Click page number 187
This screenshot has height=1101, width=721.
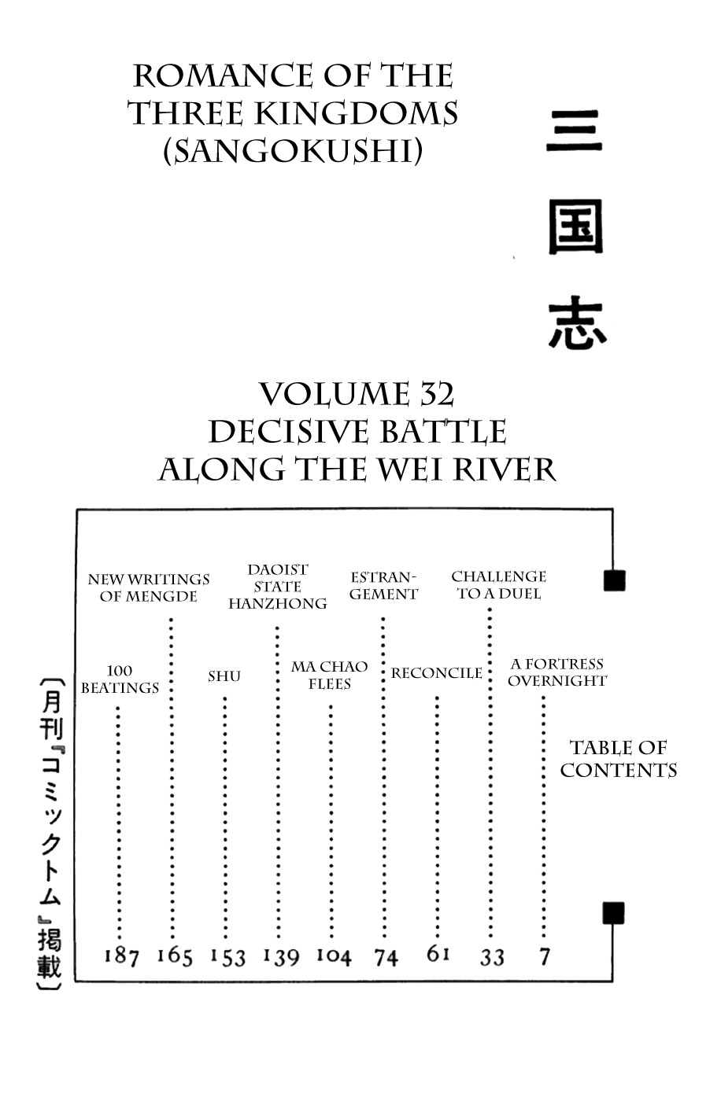click(x=121, y=956)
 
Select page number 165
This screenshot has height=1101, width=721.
click(x=175, y=956)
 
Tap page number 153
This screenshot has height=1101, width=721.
click(x=227, y=956)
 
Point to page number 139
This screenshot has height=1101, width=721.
click(x=281, y=956)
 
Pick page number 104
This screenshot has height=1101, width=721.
click(x=334, y=956)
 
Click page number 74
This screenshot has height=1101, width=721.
click(x=386, y=956)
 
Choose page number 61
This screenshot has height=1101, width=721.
click(x=438, y=954)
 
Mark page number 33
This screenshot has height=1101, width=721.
click(x=492, y=956)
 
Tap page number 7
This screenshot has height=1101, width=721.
click(x=545, y=956)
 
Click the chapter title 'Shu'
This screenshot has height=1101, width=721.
click(x=224, y=676)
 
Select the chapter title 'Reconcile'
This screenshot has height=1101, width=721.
click(x=436, y=673)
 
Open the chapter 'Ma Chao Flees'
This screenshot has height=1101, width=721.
click(x=329, y=675)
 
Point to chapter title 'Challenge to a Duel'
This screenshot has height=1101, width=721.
click(x=498, y=585)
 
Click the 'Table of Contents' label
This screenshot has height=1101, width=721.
click(x=618, y=759)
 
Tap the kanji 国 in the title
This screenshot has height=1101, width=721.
click(x=576, y=227)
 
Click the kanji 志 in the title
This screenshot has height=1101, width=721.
click(x=577, y=323)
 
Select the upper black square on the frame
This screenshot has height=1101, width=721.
click(x=614, y=580)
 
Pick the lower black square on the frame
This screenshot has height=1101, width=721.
click(x=613, y=913)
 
